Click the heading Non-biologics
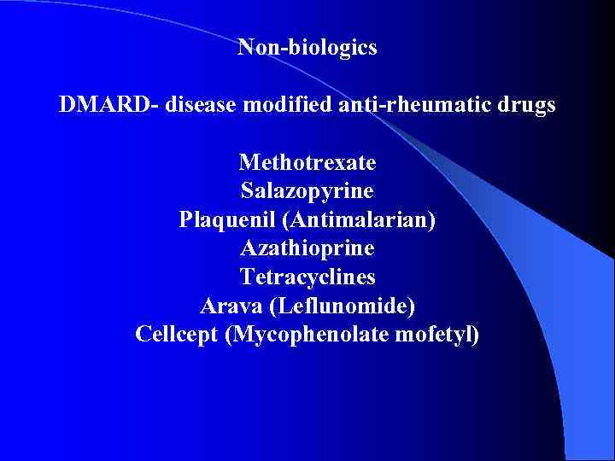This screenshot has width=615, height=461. click(307, 48)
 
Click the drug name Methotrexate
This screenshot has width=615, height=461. click(307, 162)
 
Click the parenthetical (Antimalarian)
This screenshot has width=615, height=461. click(363, 220)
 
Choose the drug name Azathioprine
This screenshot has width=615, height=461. click(307, 249)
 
